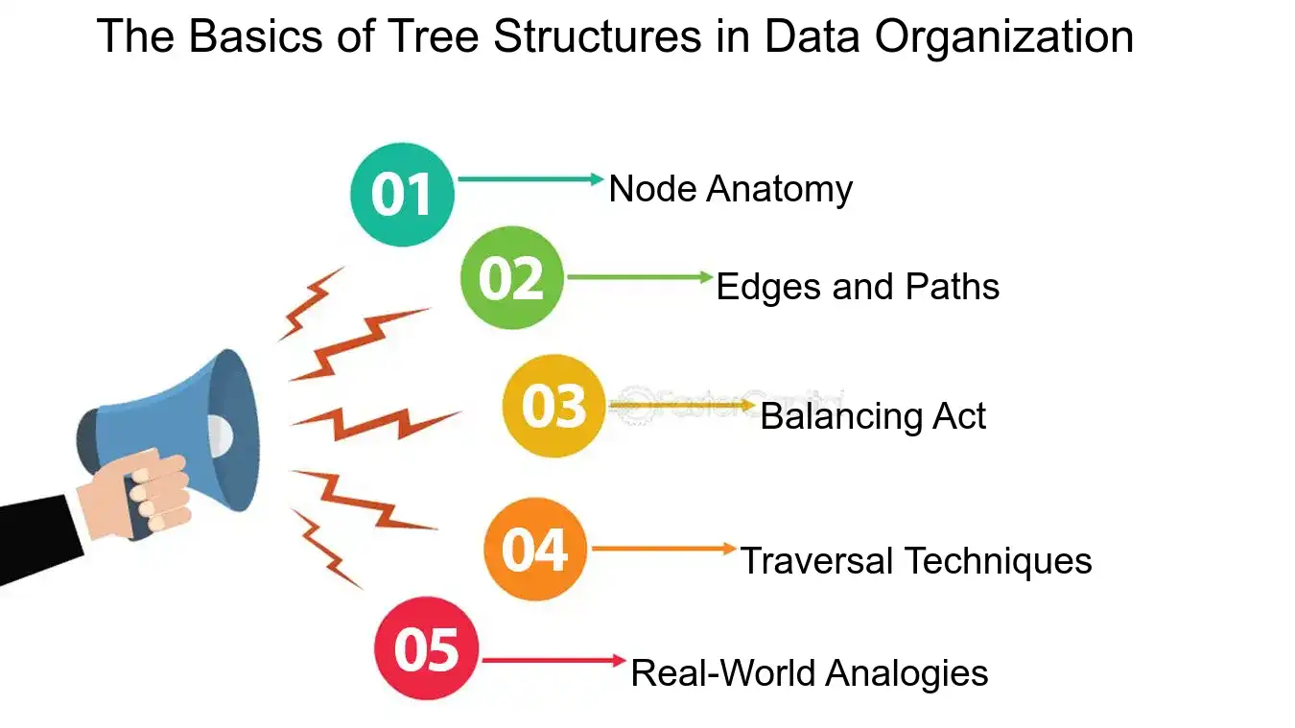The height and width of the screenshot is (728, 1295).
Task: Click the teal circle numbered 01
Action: [x=402, y=195]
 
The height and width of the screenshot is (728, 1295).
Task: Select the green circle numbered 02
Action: [x=511, y=277]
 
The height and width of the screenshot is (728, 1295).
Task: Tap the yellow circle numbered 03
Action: [x=553, y=406]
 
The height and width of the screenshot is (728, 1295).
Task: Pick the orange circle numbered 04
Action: [x=535, y=550]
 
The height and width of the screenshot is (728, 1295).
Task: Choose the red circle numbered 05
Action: [x=426, y=648]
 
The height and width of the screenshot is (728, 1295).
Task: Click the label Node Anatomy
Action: [x=731, y=189]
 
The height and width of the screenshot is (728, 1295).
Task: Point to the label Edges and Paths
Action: [x=858, y=287]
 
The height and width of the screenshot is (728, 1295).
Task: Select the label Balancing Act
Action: [x=873, y=416]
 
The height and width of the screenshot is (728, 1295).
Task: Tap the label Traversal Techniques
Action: [x=916, y=561]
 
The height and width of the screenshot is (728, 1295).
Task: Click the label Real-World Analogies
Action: [x=810, y=673]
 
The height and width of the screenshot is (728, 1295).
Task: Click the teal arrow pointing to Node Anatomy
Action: [x=530, y=179]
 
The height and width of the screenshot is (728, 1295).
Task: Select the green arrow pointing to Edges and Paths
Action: [x=641, y=277]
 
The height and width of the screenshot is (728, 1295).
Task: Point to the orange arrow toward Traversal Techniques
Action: [x=664, y=549]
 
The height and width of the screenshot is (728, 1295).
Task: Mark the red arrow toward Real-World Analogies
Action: [x=554, y=660]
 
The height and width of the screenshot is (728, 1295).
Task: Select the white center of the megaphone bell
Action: [x=221, y=434]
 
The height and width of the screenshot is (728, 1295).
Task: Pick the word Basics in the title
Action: [x=255, y=36]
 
